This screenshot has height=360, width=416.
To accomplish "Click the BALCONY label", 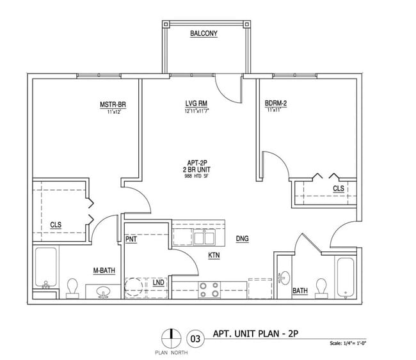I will click(x=204, y=34).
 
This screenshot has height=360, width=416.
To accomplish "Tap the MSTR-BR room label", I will click(x=113, y=104).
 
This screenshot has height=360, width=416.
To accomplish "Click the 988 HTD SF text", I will click(x=197, y=175).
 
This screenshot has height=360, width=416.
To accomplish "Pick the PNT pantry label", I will click(x=132, y=239).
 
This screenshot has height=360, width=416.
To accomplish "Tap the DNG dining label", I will click(x=242, y=239).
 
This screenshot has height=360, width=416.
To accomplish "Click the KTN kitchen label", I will click(x=214, y=256).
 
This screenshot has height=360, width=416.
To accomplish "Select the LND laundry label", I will click(x=157, y=283).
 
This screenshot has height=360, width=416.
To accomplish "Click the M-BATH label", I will click(x=103, y=270).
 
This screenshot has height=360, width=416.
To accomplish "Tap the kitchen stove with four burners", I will click(x=207, y=290).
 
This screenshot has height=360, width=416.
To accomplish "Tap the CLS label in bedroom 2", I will click(x=338, y=189).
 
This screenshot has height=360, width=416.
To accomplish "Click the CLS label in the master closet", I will click(x=56, y=224).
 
